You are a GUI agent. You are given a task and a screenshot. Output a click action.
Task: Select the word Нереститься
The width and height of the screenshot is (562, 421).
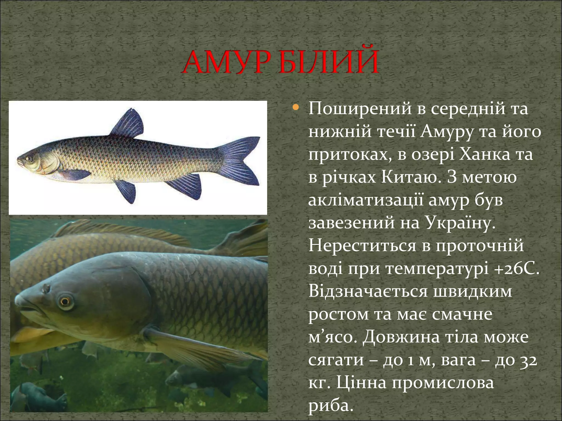coord(369,246)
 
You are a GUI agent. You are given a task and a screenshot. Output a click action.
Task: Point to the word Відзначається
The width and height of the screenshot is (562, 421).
coord(368,291)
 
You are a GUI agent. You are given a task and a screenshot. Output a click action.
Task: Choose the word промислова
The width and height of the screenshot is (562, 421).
coord(442,383)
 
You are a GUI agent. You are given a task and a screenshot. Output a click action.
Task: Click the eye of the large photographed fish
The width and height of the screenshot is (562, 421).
coord(65,301)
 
